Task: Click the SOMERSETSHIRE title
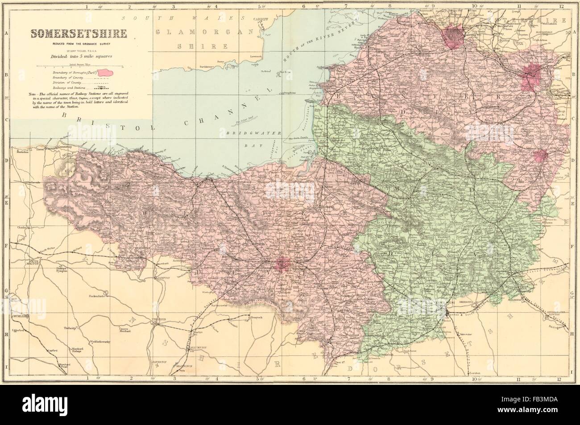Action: click(x=77, y=33)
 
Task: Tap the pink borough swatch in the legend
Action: click(x=108, y=71)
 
